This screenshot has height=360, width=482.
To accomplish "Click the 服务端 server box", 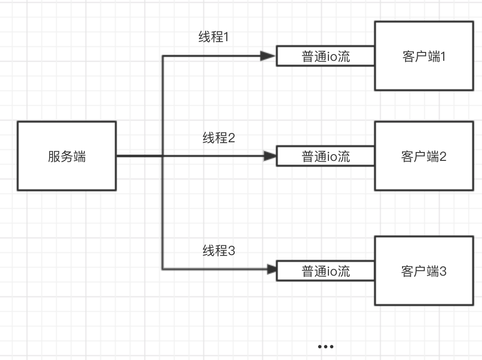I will point(67,156).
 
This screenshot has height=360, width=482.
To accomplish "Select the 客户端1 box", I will point(424,56).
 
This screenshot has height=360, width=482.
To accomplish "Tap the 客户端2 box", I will point(424,156).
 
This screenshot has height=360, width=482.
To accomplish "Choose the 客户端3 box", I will point(424,271).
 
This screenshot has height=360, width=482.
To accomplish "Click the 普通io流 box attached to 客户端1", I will point(325,56).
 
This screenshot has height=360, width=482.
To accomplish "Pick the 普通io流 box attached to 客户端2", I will point(325,156).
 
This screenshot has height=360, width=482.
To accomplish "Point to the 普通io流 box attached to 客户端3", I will point(325,271).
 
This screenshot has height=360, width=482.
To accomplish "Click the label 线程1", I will point(214,37).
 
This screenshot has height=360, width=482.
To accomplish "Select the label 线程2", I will point(219,138).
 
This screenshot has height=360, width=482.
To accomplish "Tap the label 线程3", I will point(219,251).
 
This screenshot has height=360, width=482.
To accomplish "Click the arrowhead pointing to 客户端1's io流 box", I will point(268,56).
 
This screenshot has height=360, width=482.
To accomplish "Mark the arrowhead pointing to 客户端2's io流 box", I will point(269,156).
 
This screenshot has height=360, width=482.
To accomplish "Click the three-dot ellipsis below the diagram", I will point(325,346).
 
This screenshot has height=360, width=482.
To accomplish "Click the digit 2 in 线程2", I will point(232,138).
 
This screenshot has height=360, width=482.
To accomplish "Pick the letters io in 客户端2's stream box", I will point(332,157).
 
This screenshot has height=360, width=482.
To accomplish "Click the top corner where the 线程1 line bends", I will point(162,56).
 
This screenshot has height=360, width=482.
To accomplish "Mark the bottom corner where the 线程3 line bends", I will point(162,269).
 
